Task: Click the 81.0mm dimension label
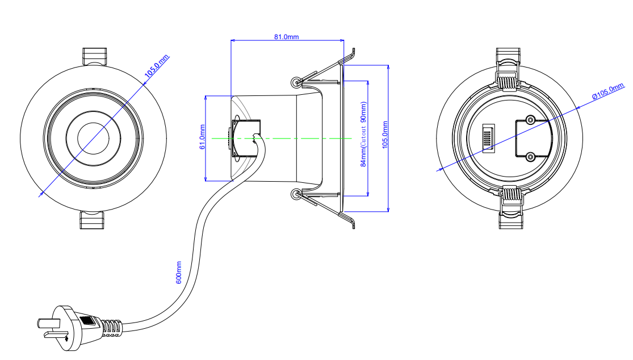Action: (x=287, y=37)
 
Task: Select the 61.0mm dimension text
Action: (x=202, y=137)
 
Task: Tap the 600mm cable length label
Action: (x=179, y=273)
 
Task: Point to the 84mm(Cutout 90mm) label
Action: (x=363, y=135)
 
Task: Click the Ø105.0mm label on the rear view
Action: (x=608, y=91)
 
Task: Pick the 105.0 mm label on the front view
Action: (x=157, y=66)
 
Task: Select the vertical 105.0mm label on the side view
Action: (x=385, y=135)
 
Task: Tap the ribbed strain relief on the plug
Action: (x=111, y=328)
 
